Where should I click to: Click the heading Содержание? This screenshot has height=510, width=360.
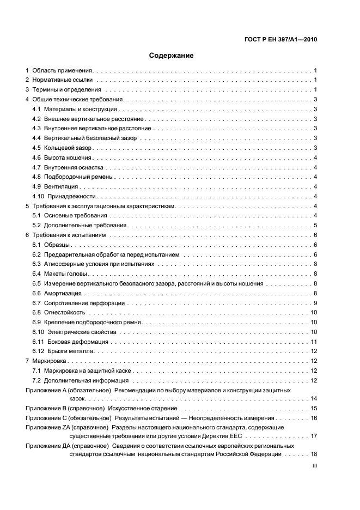pyautogui.click(x=171, y=55)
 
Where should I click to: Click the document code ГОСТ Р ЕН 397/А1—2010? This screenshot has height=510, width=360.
pyautogui.click(x=279, y=39)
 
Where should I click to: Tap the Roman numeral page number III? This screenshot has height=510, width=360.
pyautogui.click(x=314, y=466)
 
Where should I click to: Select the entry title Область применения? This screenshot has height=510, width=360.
pyautogui.click(x=63, y=71)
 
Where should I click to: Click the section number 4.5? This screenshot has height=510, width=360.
pyautogui.click(x=36, y=148)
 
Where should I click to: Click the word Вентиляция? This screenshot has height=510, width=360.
pyautogui.click(x=61, y=186)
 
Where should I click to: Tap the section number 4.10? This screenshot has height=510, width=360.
pyautogui.click(x=38, y=196)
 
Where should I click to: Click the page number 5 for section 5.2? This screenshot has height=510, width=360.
pyautogui.click(x=315, y=226)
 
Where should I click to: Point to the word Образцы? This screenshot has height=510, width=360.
pyautogui.click(x=57, y=245)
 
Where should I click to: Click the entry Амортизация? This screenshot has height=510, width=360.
pyautogui.click(x=63, y=293)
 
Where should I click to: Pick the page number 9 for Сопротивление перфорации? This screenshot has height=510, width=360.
pyautogui.click(x=315, y=303)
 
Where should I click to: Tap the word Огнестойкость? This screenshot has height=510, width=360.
pyautogui.click(x=65, y=313)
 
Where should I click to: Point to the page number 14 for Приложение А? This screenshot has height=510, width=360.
pyautogui.click(x=314, y=399)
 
